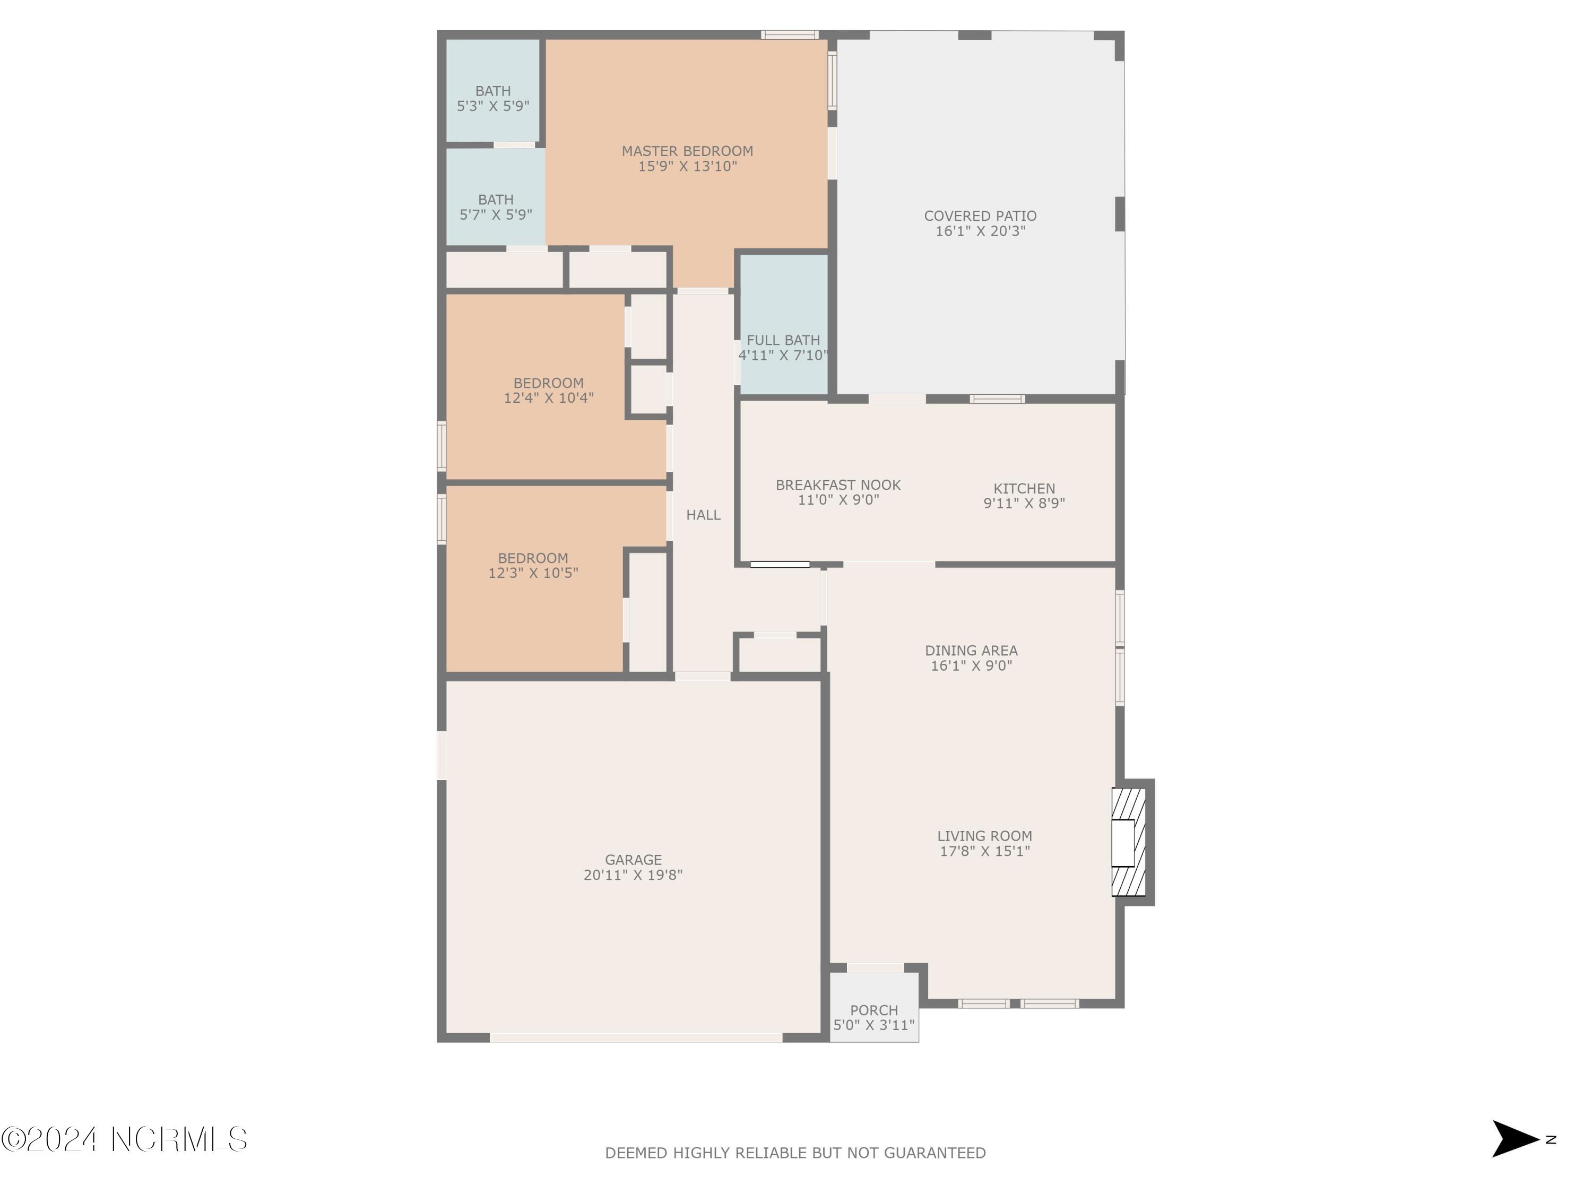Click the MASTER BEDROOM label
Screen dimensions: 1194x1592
point(687,151)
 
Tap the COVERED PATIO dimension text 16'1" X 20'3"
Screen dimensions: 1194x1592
point(980,231)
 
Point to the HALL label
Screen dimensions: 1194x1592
point(703,515)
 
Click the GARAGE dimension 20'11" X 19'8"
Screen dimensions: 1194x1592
point(633,875)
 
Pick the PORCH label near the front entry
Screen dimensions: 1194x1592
point(873,1010)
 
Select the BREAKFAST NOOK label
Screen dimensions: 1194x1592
point(838,485)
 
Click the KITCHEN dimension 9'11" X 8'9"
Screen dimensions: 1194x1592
point(1024,504)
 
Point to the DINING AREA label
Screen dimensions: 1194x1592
point(971,651)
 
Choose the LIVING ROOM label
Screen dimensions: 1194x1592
point(984,836)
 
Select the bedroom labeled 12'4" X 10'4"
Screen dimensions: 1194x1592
point(548,390)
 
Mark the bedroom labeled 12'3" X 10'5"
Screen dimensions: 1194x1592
point(533,566)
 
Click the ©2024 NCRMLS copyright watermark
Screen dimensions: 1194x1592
point(124,1139)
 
